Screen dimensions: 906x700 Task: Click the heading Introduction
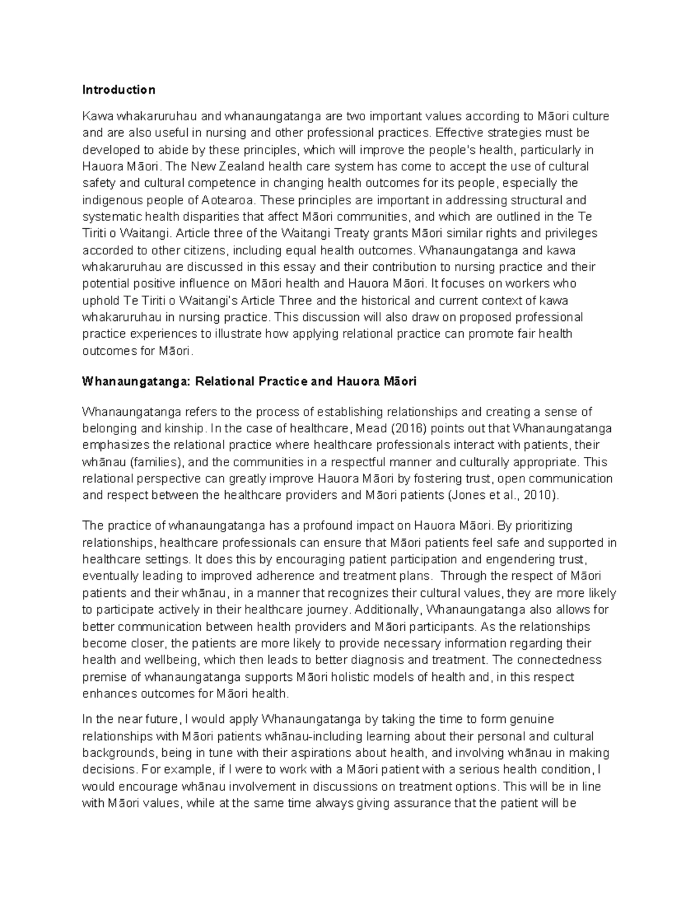(x=118, y=90)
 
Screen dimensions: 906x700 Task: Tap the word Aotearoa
(x=229, y=200)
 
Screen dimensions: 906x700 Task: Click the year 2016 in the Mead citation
(x=406, y=428)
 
